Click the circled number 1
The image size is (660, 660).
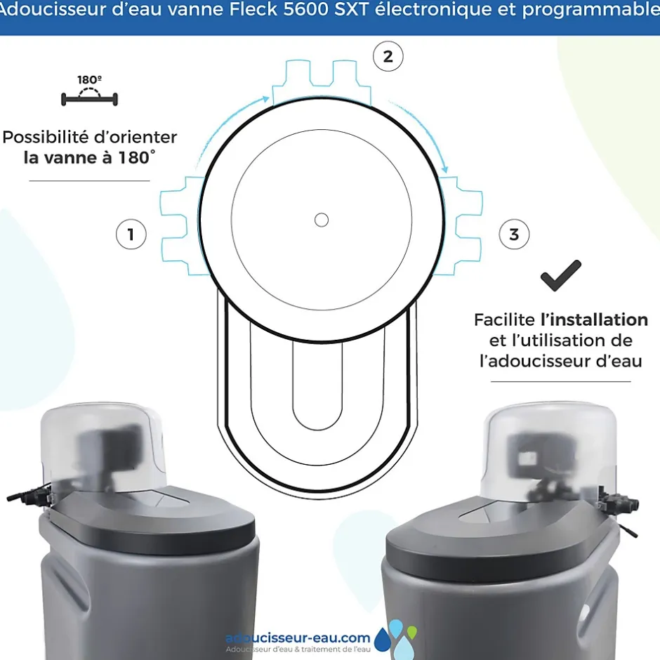point(131,234)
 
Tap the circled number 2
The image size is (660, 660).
point(388,56)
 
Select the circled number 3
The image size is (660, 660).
point(514,234)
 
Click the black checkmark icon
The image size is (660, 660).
point(561,276)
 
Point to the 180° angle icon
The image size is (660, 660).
point(89,91)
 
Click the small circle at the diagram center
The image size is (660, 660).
point(321,220)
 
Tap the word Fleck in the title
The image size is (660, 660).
point(253,9)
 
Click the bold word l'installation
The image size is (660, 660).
point(594,319)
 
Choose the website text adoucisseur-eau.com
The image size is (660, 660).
point(298,638)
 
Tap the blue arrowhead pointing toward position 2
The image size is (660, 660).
point(265,99)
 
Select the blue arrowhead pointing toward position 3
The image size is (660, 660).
point(444,169)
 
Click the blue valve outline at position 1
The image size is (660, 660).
point(182,226)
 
